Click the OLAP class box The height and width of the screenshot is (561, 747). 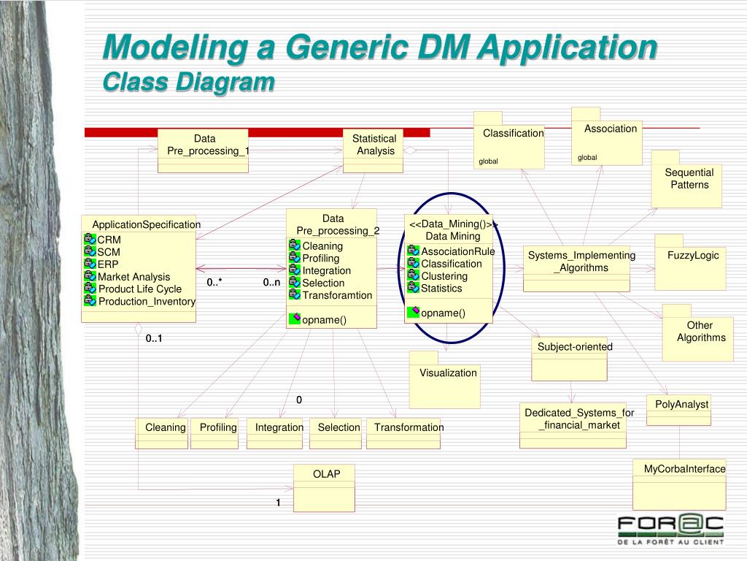tap(324, 487)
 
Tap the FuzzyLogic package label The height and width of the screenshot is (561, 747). tap(693, 256)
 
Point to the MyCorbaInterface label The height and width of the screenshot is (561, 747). tap(684, 469)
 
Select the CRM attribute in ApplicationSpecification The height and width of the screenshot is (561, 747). tap(109, 240)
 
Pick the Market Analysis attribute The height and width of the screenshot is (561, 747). tap(133, 277)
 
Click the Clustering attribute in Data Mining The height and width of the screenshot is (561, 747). tap(444, 276)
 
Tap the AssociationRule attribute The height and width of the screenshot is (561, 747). tap(457, 251)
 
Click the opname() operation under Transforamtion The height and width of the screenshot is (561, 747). tap(324, 320)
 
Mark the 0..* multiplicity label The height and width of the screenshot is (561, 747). tap(214, 283)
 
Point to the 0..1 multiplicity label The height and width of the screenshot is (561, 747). tap(154, 338)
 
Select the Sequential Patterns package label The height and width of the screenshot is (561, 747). tap(689, 178)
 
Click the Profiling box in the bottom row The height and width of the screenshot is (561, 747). tap(218, 427)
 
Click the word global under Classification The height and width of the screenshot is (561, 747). tap(488, 161)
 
